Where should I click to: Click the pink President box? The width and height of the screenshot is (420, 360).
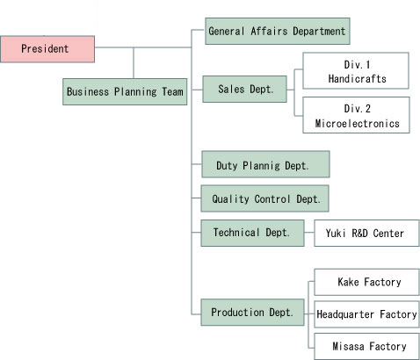47,49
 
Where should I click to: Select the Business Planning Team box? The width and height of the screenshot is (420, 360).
125,91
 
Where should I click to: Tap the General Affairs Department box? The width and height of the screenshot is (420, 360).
278,31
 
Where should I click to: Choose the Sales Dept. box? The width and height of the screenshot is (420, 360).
244,89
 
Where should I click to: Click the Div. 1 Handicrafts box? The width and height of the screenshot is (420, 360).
356,70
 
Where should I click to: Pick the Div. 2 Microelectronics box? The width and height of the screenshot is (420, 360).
356,115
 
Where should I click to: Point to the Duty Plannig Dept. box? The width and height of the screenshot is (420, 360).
265,164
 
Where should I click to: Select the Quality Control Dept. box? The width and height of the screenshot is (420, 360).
264,198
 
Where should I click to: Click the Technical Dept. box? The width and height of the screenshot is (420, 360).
252,233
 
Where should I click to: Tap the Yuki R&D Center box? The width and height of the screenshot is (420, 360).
367,234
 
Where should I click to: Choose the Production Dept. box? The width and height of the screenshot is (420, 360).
252,313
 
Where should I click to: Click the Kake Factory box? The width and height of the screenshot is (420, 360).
367,282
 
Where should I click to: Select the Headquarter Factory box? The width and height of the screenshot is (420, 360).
367,314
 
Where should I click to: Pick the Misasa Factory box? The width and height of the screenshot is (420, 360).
367,346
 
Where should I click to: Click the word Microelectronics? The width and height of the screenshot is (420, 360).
358,124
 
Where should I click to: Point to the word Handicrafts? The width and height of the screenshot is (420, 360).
358,79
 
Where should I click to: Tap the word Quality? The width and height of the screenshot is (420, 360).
230,199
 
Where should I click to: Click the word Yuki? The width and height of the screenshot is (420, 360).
336,234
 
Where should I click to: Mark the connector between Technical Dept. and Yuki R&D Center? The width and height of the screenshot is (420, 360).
309,233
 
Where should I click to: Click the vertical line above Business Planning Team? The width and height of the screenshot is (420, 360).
134,63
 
